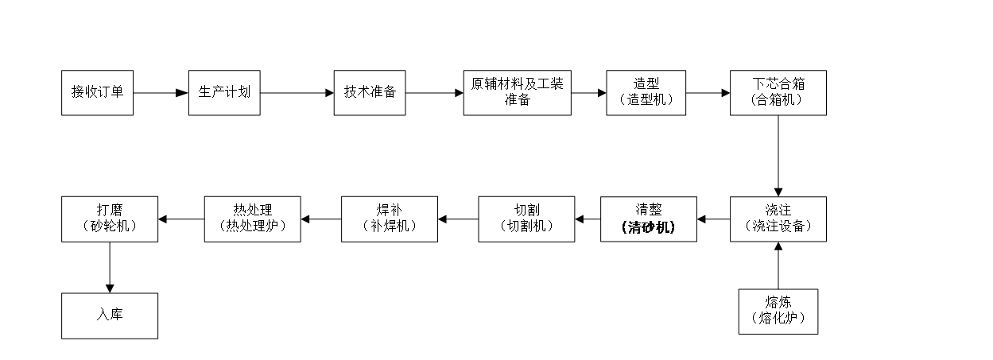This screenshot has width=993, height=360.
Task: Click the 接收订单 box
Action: tap(97, 92)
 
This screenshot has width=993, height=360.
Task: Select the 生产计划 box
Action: tap(224, 92)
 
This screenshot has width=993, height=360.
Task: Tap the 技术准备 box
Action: tap(370, 92)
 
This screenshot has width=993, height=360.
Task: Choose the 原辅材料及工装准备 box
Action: tap(517, 92)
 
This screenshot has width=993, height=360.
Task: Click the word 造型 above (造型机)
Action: tap(646, 83)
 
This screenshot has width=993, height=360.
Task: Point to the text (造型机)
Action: tap(646, 100)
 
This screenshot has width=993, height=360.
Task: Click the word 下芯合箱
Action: tap(778, 83)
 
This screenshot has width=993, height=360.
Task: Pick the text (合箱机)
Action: tap(777, 100)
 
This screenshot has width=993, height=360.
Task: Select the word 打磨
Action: tap(110, 210)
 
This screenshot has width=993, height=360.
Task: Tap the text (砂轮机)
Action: tap(110, 226)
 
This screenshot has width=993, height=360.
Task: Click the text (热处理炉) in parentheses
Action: tap(252, 226)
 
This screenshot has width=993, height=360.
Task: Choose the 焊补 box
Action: tap(389, 219)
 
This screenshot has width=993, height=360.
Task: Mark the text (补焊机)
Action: tap(389, 226)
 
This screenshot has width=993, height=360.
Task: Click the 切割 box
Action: tap(526, 219)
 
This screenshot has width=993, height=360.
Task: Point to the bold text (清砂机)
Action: tap(648, 227)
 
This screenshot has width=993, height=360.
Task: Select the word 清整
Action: tap(648, 210)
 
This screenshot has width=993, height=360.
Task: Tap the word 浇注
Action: tap(778, 210)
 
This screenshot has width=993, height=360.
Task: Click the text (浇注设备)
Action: tap(778, 226)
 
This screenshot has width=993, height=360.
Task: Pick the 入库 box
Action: tap(110, 315)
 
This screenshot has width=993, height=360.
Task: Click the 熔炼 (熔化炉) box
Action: tap(778, 311)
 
